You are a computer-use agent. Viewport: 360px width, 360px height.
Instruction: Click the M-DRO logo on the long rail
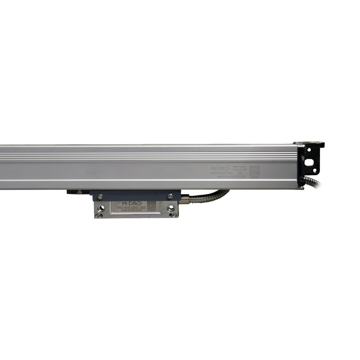pos(220,168)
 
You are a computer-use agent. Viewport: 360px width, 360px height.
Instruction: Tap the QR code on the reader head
pos(151,206)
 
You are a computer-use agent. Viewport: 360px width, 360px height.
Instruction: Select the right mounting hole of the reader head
pos(171,208)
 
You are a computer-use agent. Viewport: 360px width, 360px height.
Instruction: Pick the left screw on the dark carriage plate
pos(100,196)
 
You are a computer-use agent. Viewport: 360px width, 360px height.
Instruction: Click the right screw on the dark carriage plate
pos(170,196)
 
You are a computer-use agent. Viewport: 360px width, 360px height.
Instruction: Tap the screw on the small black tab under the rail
pos(79,192)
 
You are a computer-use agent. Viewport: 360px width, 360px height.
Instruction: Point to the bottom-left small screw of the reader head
pos(98,215)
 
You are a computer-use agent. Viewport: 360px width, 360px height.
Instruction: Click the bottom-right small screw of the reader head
pos(174,215)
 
